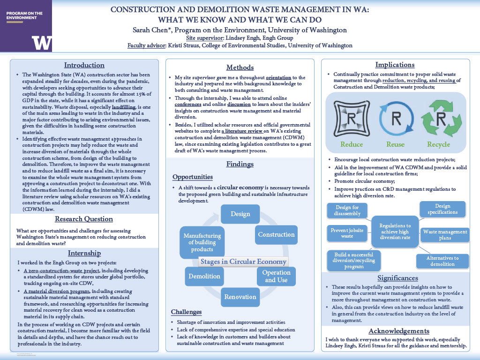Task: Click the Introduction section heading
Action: tap(84, 65)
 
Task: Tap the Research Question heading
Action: tap(84, 219)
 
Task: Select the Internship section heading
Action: tap(84, 253)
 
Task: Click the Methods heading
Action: tap(240, 67)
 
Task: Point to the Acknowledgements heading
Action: tap(399, 331)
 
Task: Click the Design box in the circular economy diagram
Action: tap(240, 214)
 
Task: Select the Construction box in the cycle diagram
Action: tap(276, 234)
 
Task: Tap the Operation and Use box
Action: tap(276, 276)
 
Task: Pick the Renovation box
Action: tap(240, 297)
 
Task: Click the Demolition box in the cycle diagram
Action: tap(204, 276)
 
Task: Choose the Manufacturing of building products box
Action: tap(202, 242)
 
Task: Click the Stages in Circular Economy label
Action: tap(243, 262)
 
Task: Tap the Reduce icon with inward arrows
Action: tap(352, 118)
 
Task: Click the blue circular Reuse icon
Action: tap(395, 118)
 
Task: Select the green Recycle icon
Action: tap(438, 118)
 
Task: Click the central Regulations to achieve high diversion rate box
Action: tap(395, 232)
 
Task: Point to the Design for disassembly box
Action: tap(348, 210)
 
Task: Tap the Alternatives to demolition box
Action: tap(442, 261)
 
